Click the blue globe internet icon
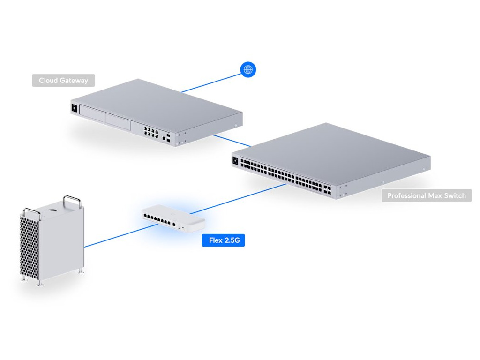coord(248,70)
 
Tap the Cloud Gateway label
coord(63,81)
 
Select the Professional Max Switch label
coord(427,195)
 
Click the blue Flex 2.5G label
coord(223,240)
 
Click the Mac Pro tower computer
coord(52,239)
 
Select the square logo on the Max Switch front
coord(235,160)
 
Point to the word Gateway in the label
coord(73,81)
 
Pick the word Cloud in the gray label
coord(48,81)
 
